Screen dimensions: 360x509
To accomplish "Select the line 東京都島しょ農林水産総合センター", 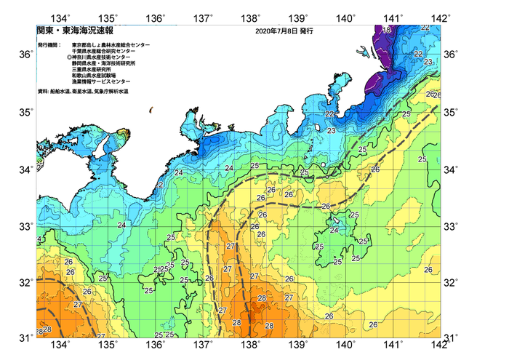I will [x=111, y=45].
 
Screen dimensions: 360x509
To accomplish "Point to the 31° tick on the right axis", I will [x=451, y=338].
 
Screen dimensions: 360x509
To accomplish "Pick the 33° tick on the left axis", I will [x=25, y=225].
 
